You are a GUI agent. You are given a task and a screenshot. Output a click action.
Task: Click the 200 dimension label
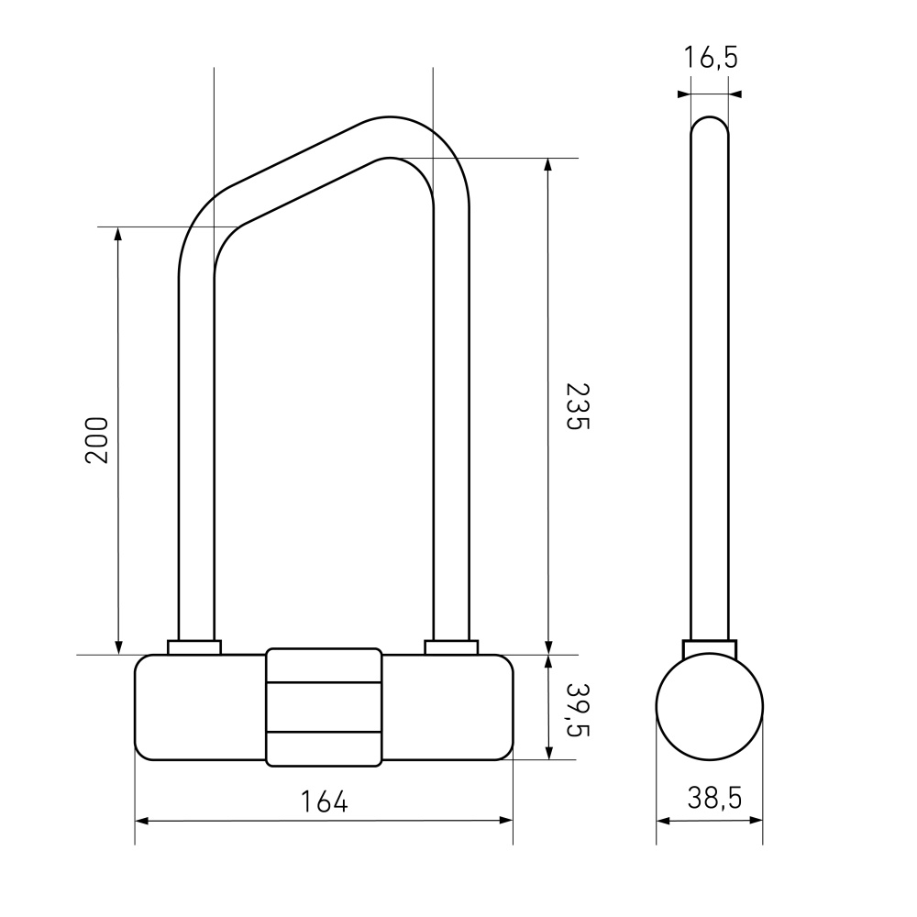[97, 440]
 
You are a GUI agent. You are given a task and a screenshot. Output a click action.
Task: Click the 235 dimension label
[578, 406]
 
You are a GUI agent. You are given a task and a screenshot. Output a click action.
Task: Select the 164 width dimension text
[324, 801]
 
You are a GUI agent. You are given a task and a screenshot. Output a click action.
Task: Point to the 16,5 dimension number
[711, 57]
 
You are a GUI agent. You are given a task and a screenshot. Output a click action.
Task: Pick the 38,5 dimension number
[714, 798]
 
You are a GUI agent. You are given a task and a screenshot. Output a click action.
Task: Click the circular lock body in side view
[710, 706]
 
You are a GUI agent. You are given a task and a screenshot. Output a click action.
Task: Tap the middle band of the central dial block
[324, 707]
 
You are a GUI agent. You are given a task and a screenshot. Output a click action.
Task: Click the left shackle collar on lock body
[194, 647]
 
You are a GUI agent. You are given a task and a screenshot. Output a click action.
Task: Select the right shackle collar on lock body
[451, 647]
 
